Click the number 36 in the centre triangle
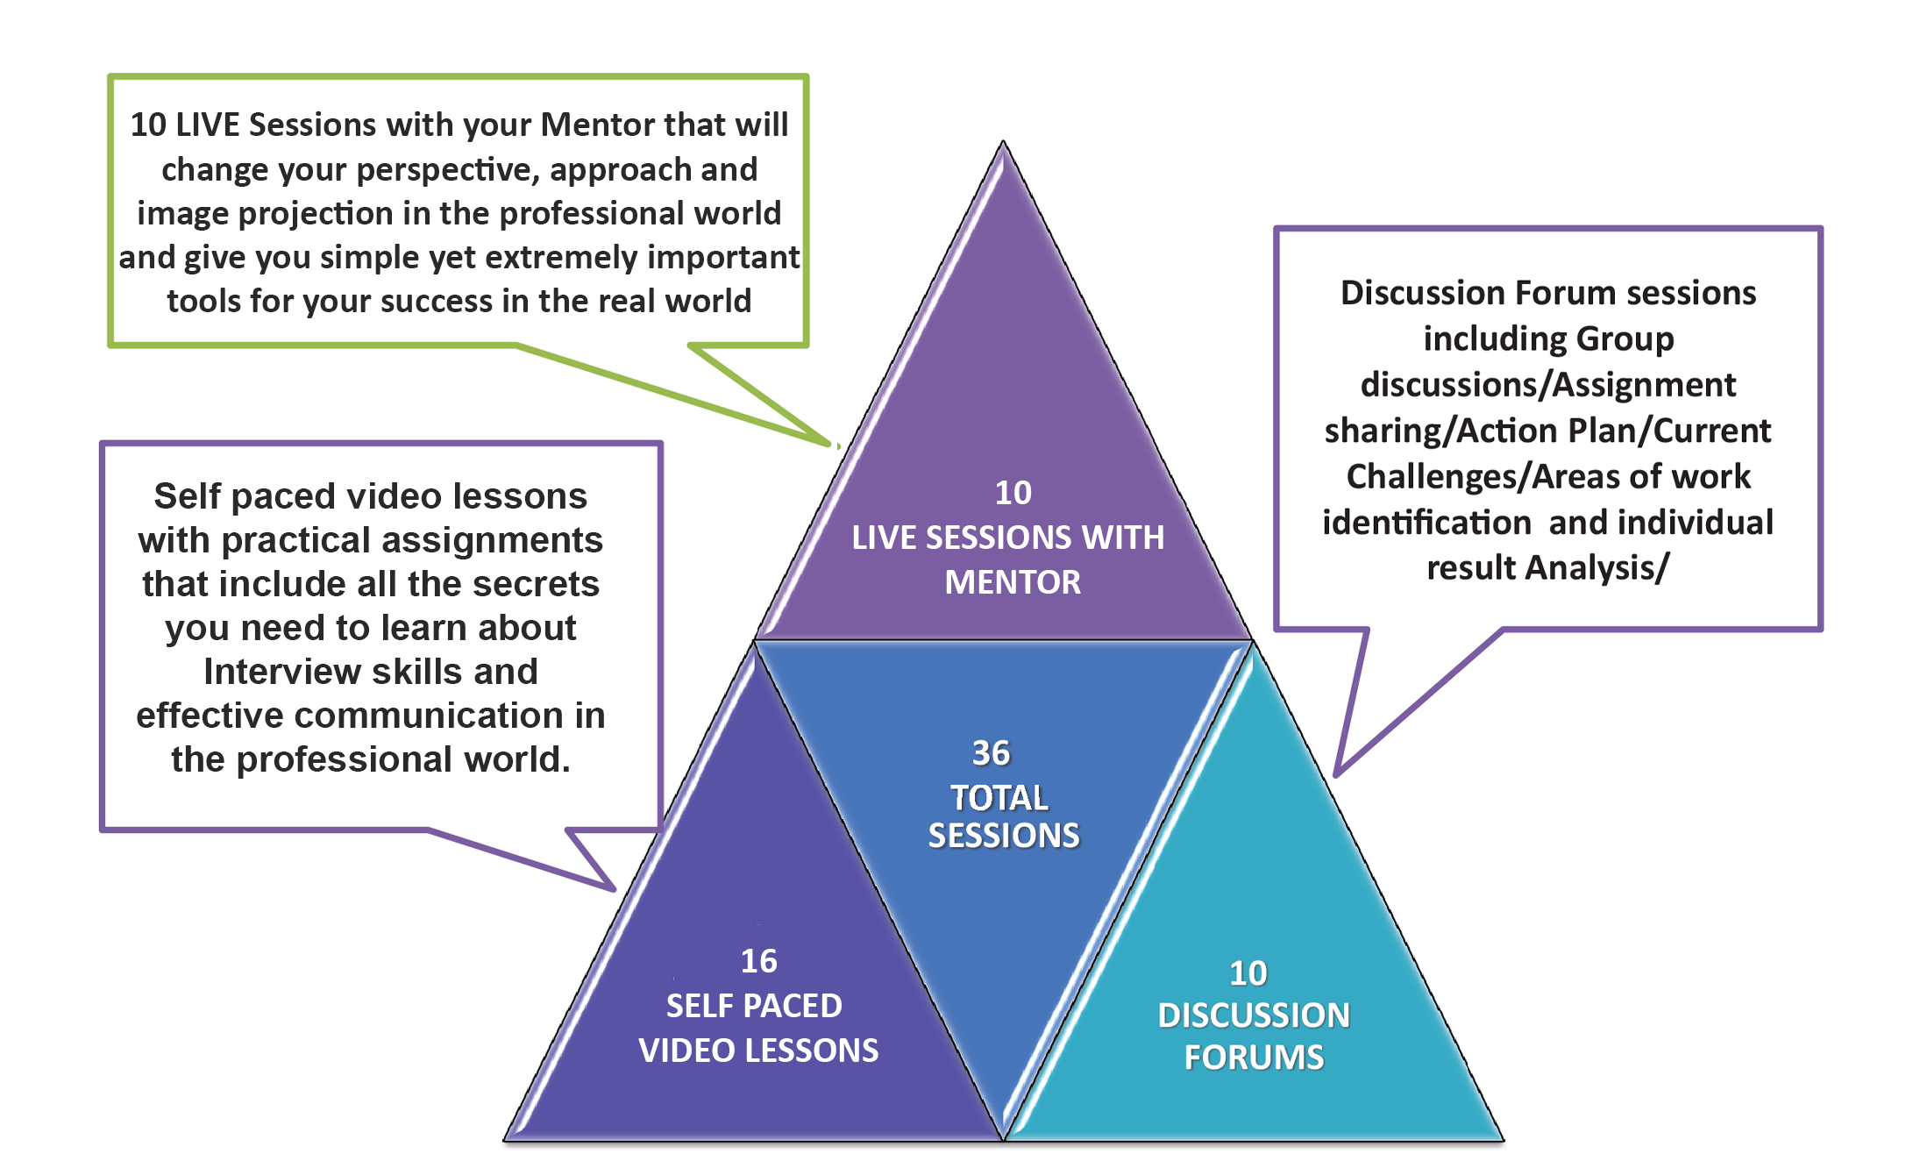click(991, 752)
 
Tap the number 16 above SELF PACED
click(758, 961)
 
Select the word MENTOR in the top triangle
click(1013, 582)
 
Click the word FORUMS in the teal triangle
click(1254, 1058)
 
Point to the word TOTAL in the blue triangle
click(999, 798)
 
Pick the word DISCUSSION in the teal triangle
click(1254, 1015)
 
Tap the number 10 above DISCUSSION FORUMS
click(1248, 973)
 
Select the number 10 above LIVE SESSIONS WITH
click(1013, 493)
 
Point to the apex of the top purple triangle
click(1003, 143)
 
